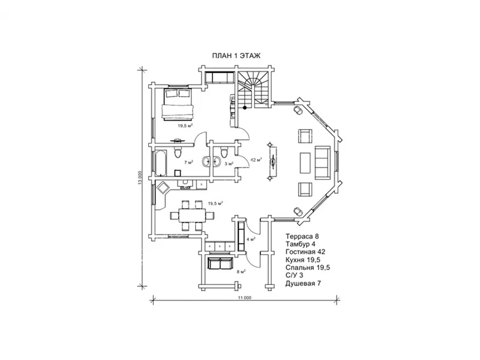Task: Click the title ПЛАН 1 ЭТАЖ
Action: [x=235, y=55]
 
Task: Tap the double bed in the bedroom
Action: [x=178, y=104]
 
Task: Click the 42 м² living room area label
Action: [x=257, y=160]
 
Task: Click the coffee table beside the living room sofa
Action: [x=305, y=161]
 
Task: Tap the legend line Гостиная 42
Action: [x=305, y=252]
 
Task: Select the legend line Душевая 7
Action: [x=303, y=283]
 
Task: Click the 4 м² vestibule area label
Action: [x=251, y=239]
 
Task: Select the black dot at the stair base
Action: [x=245, y=107]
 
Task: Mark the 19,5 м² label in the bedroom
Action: [x=185, y=126]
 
